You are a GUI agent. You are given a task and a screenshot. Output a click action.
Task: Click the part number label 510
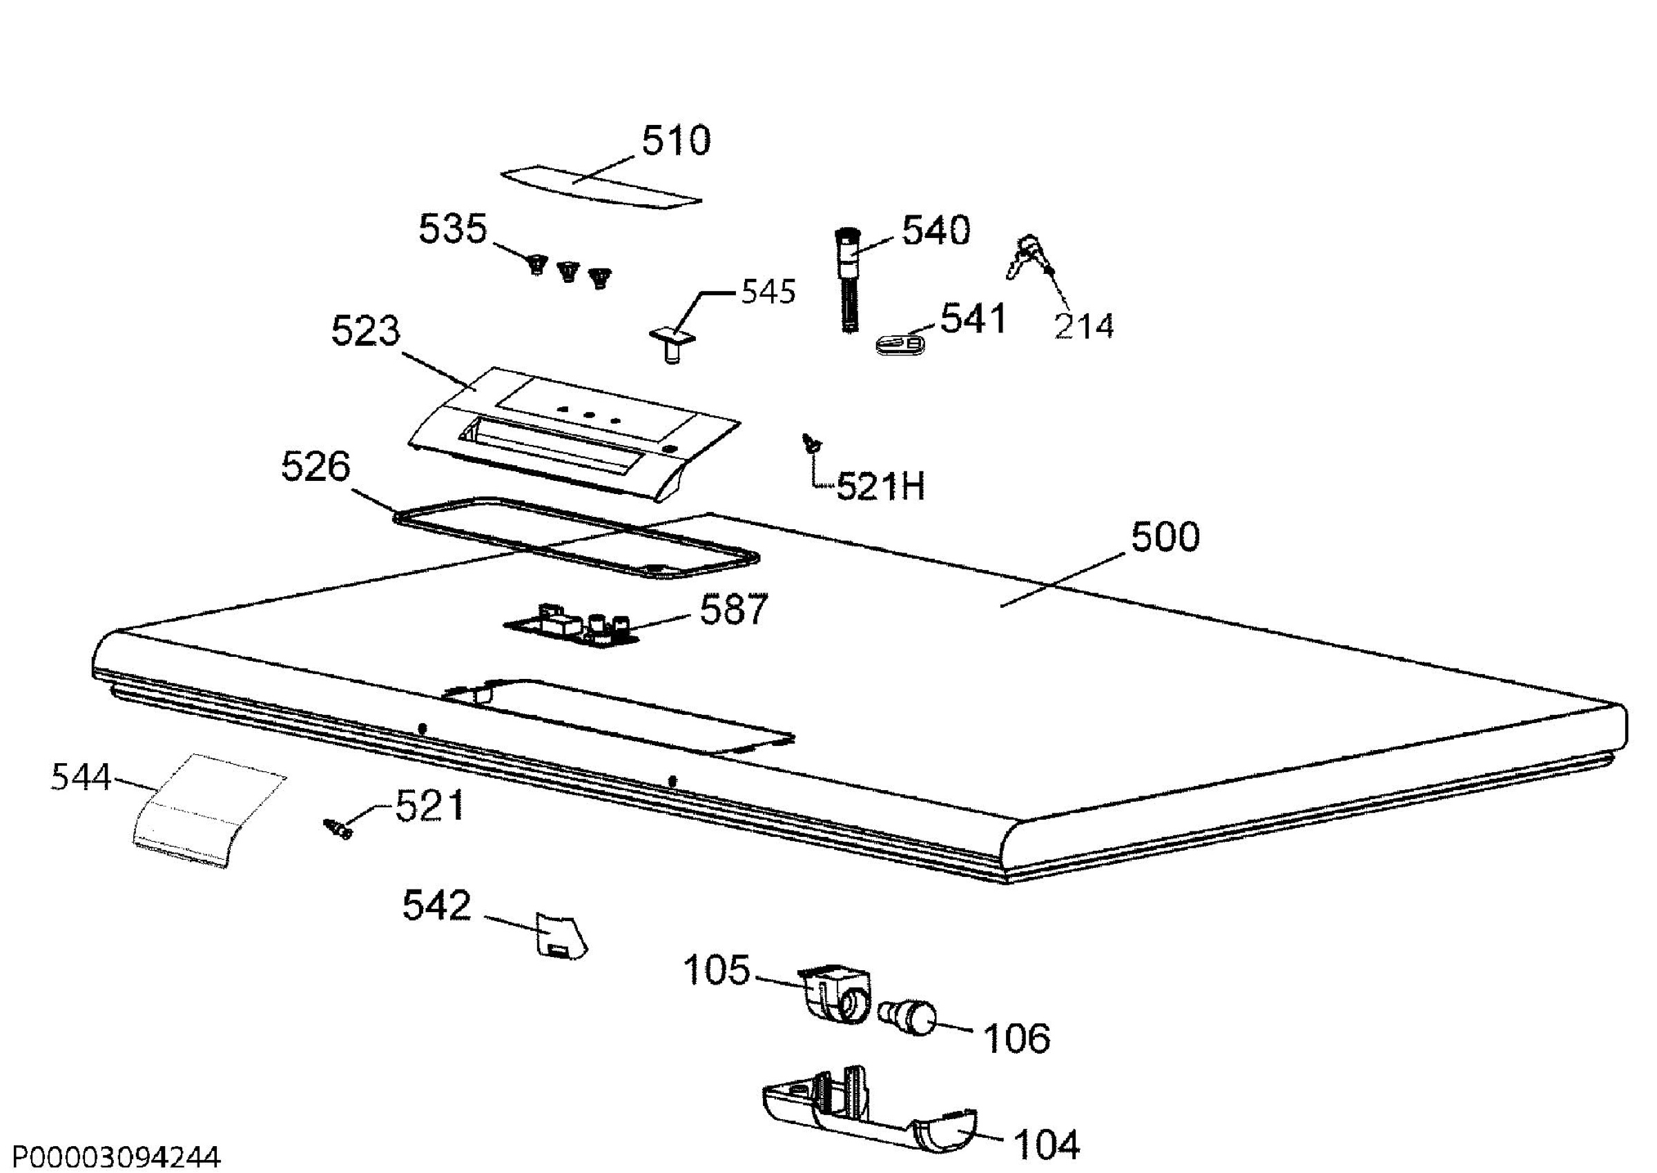pos(677,141)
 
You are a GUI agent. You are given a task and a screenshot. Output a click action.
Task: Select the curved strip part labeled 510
pos(601,189)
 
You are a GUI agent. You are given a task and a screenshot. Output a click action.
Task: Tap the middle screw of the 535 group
pos(568,273)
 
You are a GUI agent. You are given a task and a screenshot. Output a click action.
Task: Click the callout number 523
pos(365,331)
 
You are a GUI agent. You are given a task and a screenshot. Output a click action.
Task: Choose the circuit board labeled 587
pos(571,626)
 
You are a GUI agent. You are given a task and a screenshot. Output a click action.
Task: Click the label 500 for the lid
pos(1165,537)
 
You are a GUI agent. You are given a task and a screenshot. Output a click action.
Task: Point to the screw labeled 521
pos(338,829)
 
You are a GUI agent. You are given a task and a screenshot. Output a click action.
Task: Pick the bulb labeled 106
pos(908,1018)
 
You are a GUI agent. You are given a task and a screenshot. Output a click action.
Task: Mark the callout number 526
pos(315,466)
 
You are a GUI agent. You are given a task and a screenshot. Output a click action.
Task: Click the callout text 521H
pos(880,487)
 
